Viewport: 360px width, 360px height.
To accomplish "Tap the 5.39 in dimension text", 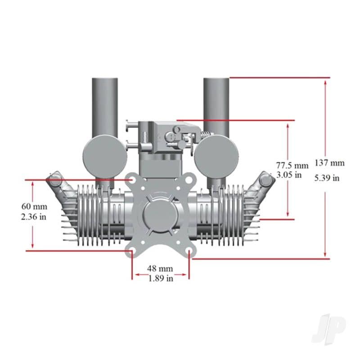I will click(x=328, y=177).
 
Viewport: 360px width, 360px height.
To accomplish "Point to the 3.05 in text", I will click(x=289, y=175).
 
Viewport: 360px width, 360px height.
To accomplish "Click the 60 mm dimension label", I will click(x=34, y=206).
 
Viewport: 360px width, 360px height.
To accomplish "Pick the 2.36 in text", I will click(x=34, y=216).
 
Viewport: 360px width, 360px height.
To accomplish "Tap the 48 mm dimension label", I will click(x=160, y=268).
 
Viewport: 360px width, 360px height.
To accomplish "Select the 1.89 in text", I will click(x=161, y=279).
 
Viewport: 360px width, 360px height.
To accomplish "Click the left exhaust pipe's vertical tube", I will click(x=105, y=106).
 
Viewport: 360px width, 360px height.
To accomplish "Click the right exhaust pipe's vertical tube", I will click(x=216, y=106).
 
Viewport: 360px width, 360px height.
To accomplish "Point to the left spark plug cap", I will click(x=54, y=180).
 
